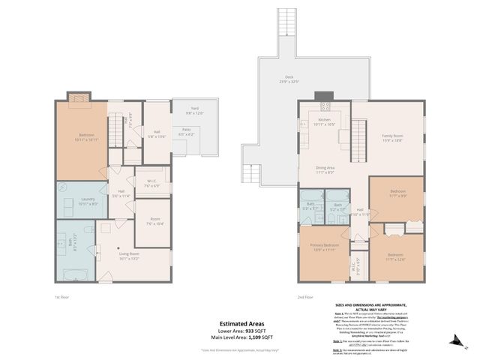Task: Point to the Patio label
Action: [x=184, y=131]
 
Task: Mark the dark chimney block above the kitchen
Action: [x=323, y=96]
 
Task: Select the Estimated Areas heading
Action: [x=240, y=324]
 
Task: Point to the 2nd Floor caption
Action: [x=305, y=296]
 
